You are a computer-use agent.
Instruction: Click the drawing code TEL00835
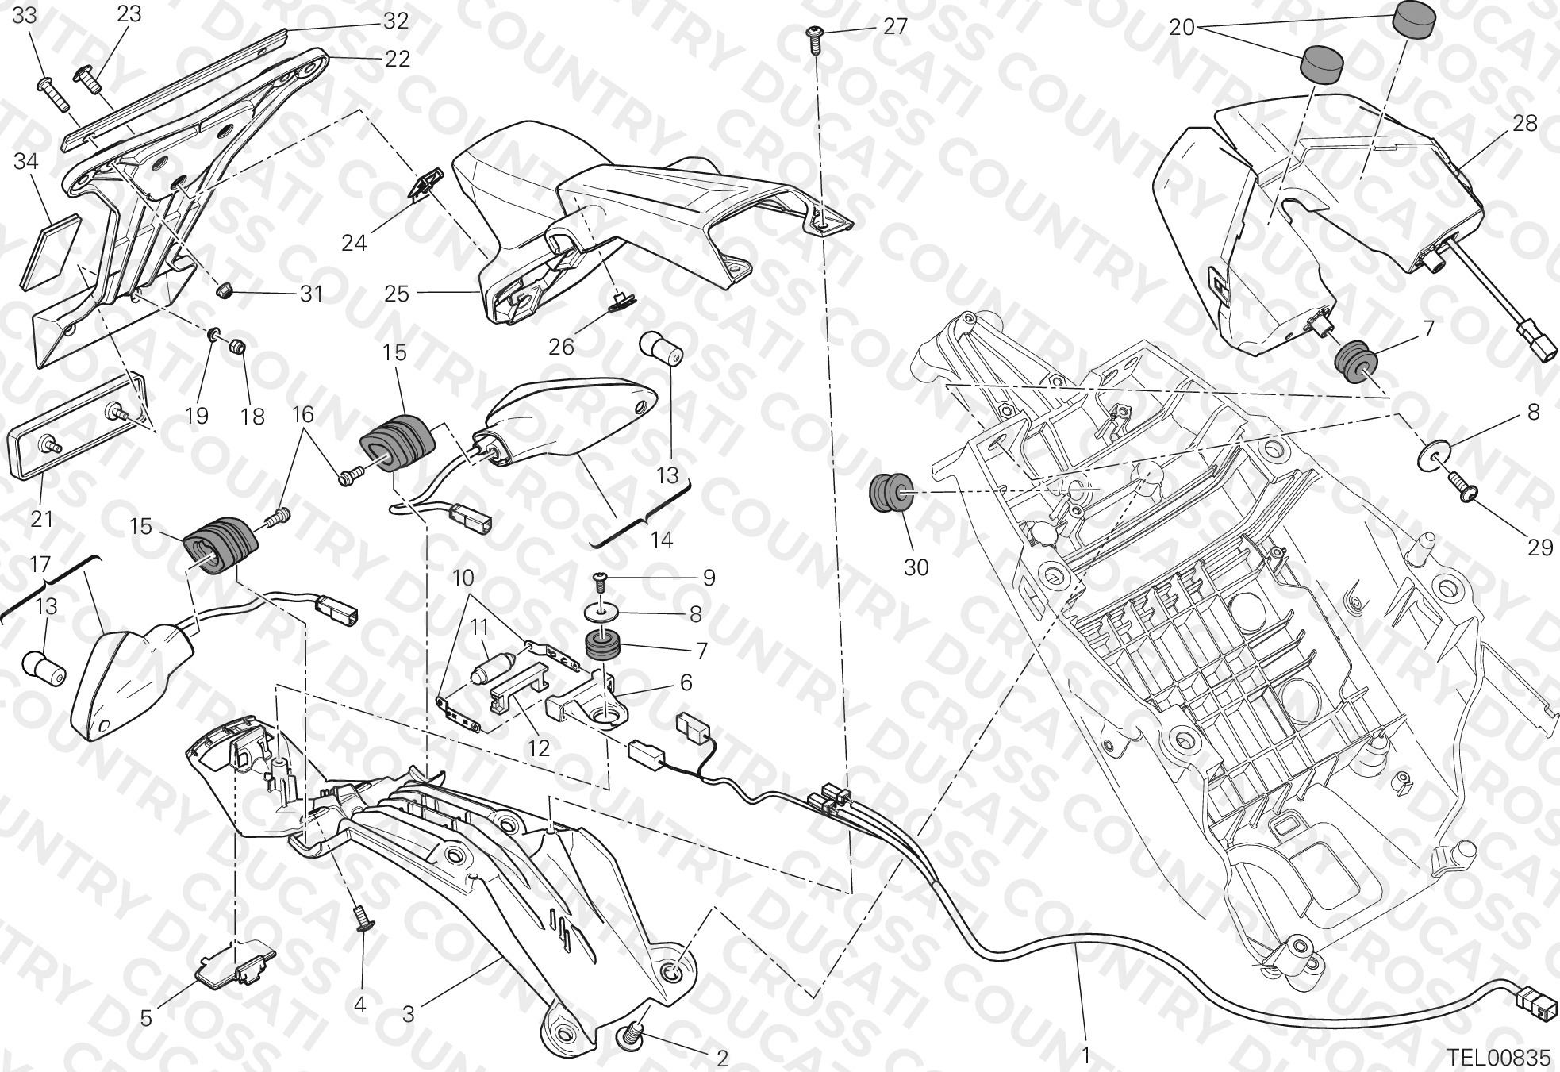pyautogui.click(x=1497, y=1057)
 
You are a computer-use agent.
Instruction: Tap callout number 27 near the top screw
pyautogui.click(x=895, y=26)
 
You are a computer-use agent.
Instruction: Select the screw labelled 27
pyautogui.click(x=815, y=38)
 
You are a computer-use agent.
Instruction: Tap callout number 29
pyautogui.click(x=1540, y=547)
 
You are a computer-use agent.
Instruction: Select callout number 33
pyautogui.click(x=25, y=15)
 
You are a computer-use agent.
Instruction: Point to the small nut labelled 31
pyautogui.click(x=225, y=290)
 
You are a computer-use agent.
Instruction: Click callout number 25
pyautogui.click(x=397, y=294)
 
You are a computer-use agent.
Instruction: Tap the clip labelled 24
pyautogui.click(x=427, y=187)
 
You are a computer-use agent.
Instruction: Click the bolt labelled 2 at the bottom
pyautogui.click(x=632, y=1035)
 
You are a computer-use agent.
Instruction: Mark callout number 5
pyautogui.click(x=146, y=1016)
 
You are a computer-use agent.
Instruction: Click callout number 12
pyautogui.click(x=539, y=747)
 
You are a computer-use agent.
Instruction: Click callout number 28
pyautogui.click(x=1525, y=123)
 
